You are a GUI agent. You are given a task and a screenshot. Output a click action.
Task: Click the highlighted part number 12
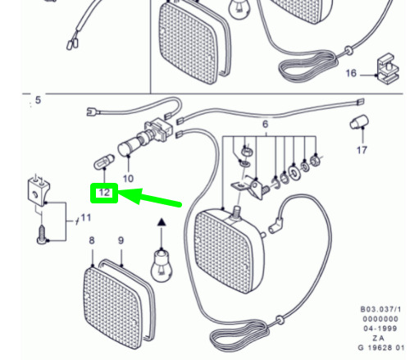click(x=104, y=193)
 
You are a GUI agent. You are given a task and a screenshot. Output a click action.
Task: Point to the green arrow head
click(x=130, y=196)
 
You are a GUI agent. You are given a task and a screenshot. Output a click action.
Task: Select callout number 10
click(x=128, y=179)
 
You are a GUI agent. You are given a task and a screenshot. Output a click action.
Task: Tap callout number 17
click(x=362, y=150)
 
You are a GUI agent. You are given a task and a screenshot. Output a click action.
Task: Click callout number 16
click(x=351, y=73)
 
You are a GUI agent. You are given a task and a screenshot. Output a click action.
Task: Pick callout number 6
click(x=265, y=125)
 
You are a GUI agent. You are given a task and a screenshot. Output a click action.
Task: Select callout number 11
click(x=86, y=218)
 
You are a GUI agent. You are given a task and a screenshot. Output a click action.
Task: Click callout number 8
click(x=92, y=240)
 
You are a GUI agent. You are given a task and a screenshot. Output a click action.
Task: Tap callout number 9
click(x=121, y=240)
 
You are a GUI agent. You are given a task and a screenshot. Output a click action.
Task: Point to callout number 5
click(x=38, y=100)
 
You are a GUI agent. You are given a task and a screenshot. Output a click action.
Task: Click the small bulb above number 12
click(x=104, y=162)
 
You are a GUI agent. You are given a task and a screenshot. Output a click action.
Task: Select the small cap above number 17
click(x=359, y=122)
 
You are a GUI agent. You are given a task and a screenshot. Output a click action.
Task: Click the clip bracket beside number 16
click(x=388, y=69)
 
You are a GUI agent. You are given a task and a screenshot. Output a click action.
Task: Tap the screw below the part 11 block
click(x=42, y=235)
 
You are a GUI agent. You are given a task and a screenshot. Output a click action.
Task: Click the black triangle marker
click(x=162, y=222)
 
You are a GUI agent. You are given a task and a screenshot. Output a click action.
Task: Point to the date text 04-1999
click(x=380, y=329)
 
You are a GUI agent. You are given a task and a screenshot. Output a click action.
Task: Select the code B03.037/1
click(x=380, y=309)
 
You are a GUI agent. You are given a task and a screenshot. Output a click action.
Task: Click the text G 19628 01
click(x=381, y=348)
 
